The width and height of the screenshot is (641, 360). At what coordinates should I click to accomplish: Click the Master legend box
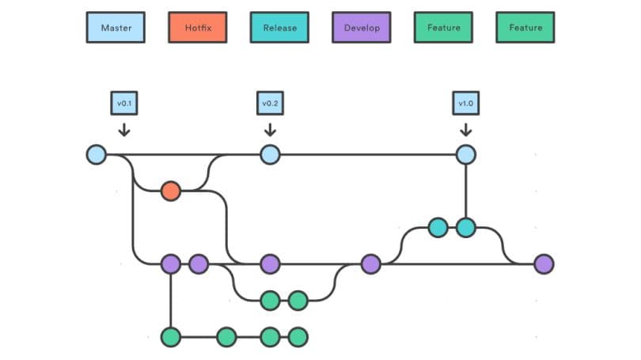(x=116, y=28)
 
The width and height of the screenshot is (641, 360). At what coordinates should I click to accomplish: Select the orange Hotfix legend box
(x=198, y=28)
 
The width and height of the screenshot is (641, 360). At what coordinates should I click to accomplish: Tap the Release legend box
(x=280, y=28)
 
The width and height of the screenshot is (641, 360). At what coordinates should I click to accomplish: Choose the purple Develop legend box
(x=362, y=28)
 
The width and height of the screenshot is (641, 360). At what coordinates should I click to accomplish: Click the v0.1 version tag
(x=124, y=103)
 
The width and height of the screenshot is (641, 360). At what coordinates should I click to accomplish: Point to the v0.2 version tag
(x=270, y=103)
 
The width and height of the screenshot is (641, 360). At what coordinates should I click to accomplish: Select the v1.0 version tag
(x=465, y=103)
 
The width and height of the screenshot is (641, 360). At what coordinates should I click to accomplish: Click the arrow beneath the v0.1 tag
(x=124, y=128)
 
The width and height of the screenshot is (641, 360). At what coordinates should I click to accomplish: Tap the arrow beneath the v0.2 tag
(x=270, y=128)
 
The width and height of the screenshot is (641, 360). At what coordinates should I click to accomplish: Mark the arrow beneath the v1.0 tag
(x=465, y=128)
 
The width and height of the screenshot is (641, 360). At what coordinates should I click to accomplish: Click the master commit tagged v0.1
(x=96, y=154)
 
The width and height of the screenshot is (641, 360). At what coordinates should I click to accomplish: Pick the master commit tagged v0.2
(x=270, y=154)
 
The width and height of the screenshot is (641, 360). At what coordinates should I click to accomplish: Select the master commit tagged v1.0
(x=465, y=154)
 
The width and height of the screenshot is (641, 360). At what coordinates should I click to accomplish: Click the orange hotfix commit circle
(x=170, y=191)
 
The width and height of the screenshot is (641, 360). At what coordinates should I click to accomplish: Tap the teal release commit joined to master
(x=465, y=228)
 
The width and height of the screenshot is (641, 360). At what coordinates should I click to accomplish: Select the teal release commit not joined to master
(x=438, y=228)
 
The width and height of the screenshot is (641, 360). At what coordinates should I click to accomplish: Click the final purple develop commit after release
(x=544, y=264)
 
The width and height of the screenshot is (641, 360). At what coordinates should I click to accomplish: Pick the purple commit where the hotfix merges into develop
(x=270, y=264)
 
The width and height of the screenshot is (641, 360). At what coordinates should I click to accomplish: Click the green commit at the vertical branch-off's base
(x=170, y=337)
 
